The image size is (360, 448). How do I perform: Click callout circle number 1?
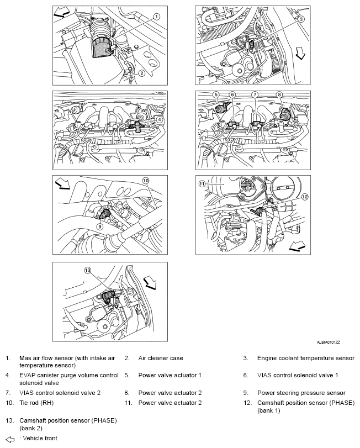coord(157,17)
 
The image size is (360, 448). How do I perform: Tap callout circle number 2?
coord(142,73)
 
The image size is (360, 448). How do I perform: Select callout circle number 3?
coord(301,19)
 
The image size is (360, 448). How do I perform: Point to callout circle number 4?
coord(159,119)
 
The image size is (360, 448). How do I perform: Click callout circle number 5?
coord(216,95)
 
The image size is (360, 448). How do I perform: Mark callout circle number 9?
coord(100,225)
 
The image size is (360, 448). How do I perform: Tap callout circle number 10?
coord(146,181)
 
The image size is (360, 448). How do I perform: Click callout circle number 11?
coord(202,183)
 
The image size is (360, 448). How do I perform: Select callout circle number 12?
coord(304,196)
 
